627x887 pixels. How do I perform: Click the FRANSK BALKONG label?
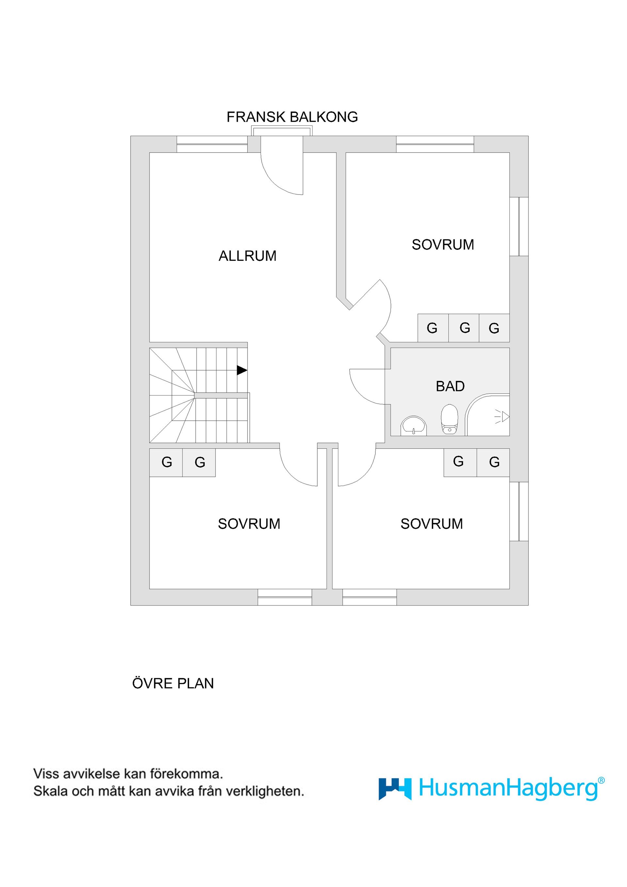[292, 117]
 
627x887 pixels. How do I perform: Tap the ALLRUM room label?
[247, 256]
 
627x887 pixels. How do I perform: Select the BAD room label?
[450, 386]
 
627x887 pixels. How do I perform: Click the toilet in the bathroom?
[449, 419]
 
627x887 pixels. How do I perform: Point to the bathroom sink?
[414, 426]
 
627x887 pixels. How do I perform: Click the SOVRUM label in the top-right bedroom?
[443, 245]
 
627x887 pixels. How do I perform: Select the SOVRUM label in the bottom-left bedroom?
[249, 524]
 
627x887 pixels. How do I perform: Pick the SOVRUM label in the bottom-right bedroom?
[431, 524]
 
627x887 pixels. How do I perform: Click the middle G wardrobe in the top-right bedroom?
[464, 328]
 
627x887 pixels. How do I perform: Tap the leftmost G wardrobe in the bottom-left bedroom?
[166, 462]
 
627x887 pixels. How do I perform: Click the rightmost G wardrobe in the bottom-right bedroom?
[494, 462]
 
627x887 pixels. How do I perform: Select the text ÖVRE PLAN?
[173, 684]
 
